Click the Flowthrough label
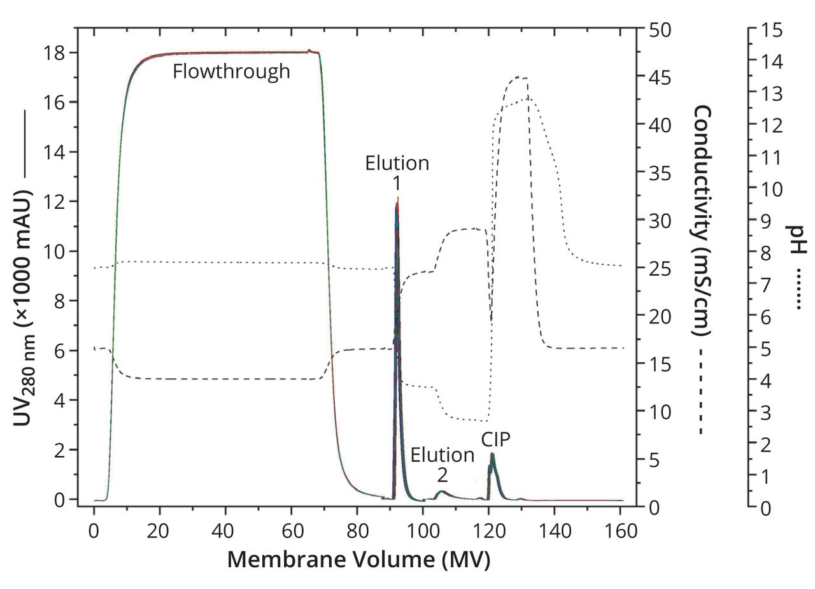tap(231, 71)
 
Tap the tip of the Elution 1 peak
tap(397, 199)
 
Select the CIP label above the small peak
tap(495, 439)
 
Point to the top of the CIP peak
tap(492, 454)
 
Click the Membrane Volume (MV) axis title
tap(358, 560)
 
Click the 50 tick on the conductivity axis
tap(660, 29)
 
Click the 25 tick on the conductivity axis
tap(660, 268)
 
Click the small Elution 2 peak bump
tap(441, 492)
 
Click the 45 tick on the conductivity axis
tap(660, 77)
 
